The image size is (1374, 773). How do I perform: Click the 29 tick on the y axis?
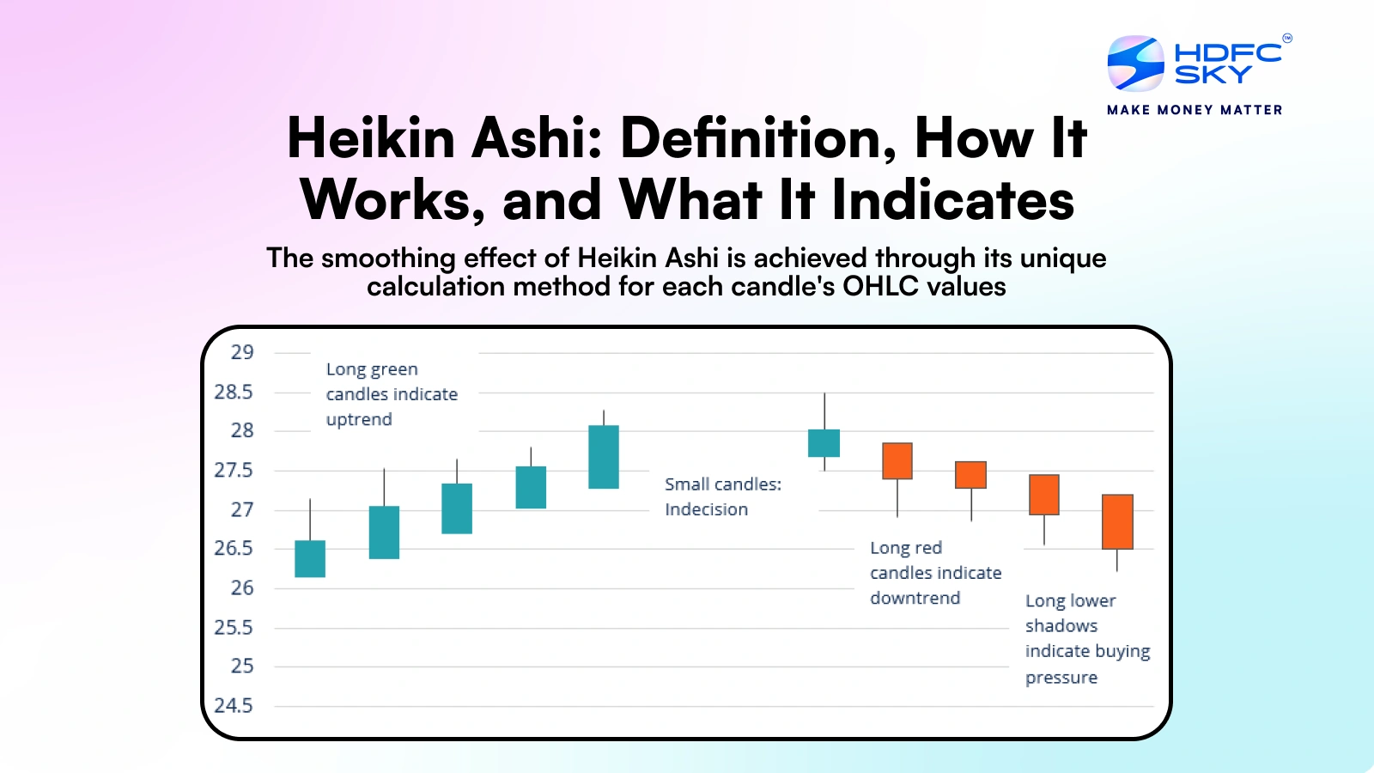pyautogui.click(x=242, y=352)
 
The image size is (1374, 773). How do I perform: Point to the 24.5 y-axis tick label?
pyautogui.click(x=234, y=706)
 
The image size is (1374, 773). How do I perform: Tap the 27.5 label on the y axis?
pyautogui.click(x=234, y=471)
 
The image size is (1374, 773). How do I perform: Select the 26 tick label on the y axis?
pyautogui.click(x=242, y=588)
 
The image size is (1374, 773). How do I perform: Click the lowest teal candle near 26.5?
pyautogui.click(x=310, y=558)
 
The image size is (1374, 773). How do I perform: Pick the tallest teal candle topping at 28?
pyautogui.click(x=604, y=457)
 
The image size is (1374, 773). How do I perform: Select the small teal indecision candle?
pyautogui.click(x=824, y=443)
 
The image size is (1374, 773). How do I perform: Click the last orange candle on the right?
pyautogui.click(x=1117, y=521)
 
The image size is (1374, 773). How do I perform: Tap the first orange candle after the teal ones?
pyautogui.click(x=897, y=461)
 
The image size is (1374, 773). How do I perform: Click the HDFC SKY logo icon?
pyautogui.click(x=1135, y=64)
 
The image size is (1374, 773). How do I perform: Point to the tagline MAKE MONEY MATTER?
pyautogui.click(x=1195, y=110)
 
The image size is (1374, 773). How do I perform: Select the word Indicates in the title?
pyautogui.click(x=953, y=200)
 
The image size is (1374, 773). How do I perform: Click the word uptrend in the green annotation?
pyautogui.click(x=359, y=420)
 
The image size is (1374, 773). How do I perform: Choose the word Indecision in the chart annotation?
pyautogui.click(x=706, y=509)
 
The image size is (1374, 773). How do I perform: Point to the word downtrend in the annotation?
pyautogui.click(x=915, y=599)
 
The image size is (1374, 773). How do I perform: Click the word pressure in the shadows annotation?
pyautogui.click(x=1061, y=678)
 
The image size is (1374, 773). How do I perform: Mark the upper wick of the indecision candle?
pyautogui.click(x=824, y=411)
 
